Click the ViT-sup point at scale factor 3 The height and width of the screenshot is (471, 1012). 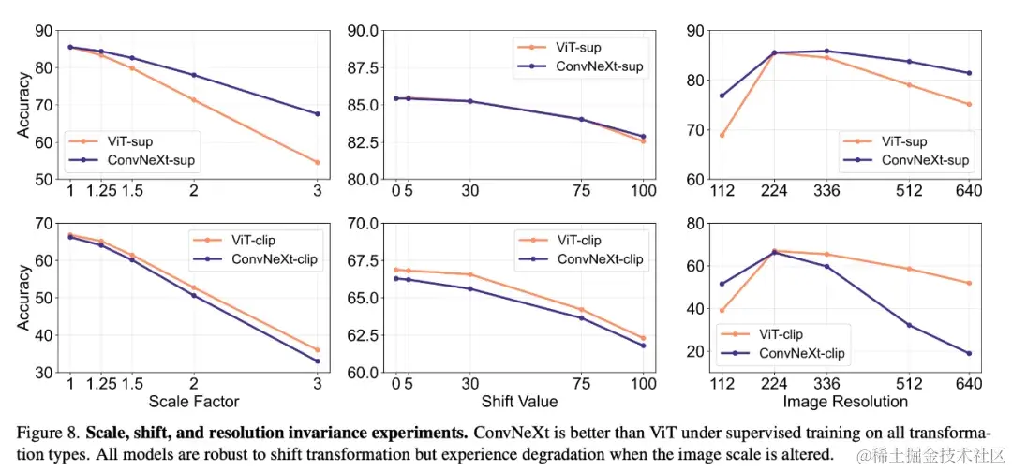tap(317, 162)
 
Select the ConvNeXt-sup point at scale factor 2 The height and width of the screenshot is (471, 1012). tap(193, 75)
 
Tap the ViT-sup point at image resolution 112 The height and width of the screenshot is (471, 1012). tap(722, 135)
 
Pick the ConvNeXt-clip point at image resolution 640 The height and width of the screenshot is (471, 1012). tap(969, 353)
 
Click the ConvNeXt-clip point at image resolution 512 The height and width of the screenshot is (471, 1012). tap(909, 325)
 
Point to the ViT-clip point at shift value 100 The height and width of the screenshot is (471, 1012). tap(644, 338)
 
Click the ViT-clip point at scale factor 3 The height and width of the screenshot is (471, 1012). tap(317, 350)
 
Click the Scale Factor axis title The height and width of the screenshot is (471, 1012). tap(193, 402)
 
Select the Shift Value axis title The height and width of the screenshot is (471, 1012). tap(520, 402)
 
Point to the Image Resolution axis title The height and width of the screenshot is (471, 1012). tap(845, 402)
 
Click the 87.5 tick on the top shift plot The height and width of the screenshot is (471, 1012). tap(365, 68)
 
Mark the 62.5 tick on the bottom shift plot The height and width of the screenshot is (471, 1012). tap(365, 335)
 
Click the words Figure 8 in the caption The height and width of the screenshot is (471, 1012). tap(49, 434)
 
